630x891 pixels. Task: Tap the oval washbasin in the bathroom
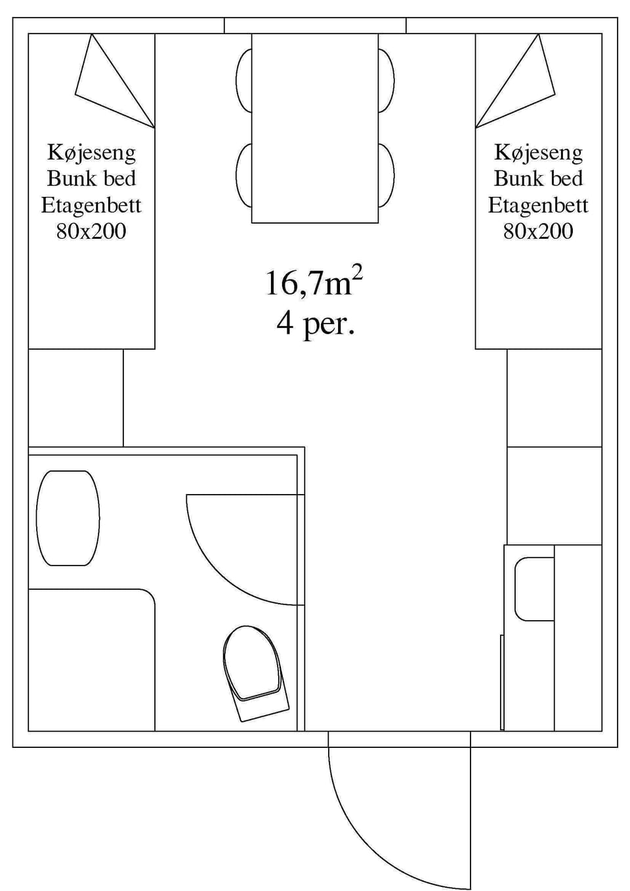click(x=68, y=518)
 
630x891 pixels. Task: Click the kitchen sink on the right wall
click(x=534, y=589)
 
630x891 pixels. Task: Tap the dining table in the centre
click(x=315, y=128)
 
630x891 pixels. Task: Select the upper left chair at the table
click(x=243, y=80)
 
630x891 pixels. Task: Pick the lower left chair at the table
click(x=243, y=175)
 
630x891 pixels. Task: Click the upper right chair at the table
click(x=387, y=80)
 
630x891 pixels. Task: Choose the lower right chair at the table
click(x=387, y=175)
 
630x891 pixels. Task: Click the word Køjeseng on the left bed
click(x=91, y=152)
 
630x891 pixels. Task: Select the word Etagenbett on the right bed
click(x=538, y=205)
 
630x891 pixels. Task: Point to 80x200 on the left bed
click(x=91, y=231)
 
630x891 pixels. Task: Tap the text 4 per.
click(x=315, y=323)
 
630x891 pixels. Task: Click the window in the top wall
click(x=315, y=26)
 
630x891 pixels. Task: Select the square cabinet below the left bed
click(x=75, y=398)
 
